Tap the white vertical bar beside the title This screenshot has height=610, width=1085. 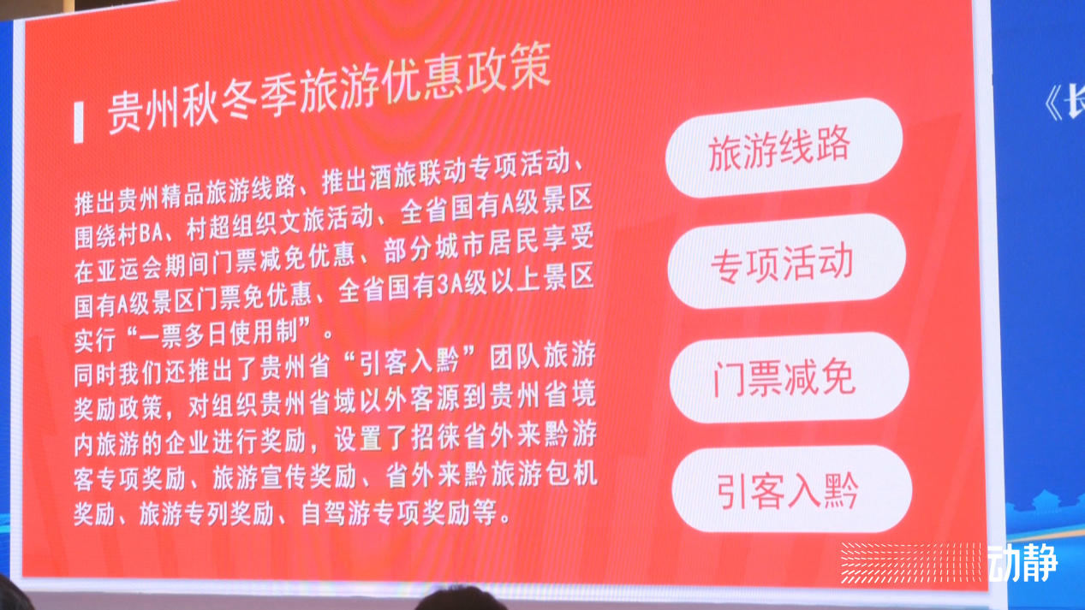pos(79,123)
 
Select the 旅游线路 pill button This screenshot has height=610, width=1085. pos(784,147)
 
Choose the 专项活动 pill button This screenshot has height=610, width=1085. pos(787,262)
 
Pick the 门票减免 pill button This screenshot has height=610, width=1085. pos(789,377)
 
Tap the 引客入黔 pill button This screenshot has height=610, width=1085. pos(792,490)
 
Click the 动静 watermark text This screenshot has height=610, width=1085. pos(1022,563)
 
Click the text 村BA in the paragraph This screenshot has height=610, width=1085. pos(140,234)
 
